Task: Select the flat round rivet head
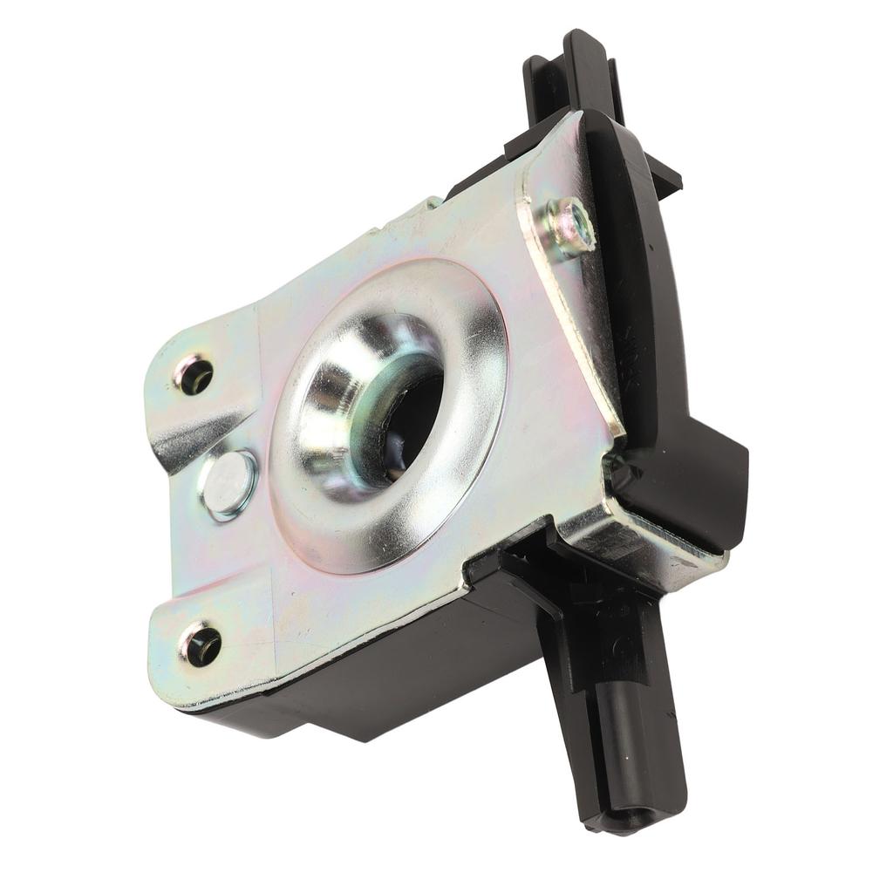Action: point(228,484)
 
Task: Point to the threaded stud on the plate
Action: point(569,226)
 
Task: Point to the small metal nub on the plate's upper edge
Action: point(432,204)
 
